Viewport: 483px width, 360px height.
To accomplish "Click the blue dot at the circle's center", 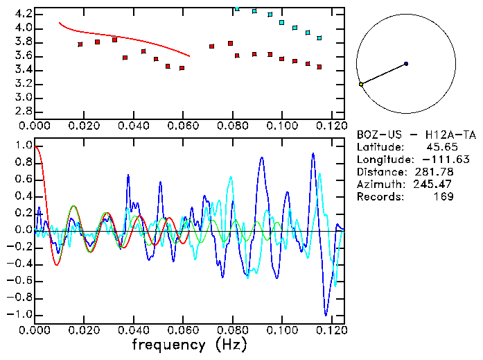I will click(406, 64).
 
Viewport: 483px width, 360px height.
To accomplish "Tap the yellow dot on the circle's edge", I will click(361, 84).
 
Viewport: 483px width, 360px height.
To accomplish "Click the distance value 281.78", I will click(435, 172).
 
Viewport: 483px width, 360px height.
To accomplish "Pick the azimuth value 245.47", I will click(435, 185).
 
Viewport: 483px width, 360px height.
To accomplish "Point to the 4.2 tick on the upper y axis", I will click(24, 14).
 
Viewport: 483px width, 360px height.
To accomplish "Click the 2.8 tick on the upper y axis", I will click(24, 111).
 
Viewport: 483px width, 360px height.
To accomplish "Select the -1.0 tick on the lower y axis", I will click(21, 314).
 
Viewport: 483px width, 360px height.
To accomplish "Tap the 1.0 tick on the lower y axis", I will click(24, 146).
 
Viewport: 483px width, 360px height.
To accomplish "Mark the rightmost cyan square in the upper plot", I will click(319, 38).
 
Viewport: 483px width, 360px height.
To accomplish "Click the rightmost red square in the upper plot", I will click(319, 67).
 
